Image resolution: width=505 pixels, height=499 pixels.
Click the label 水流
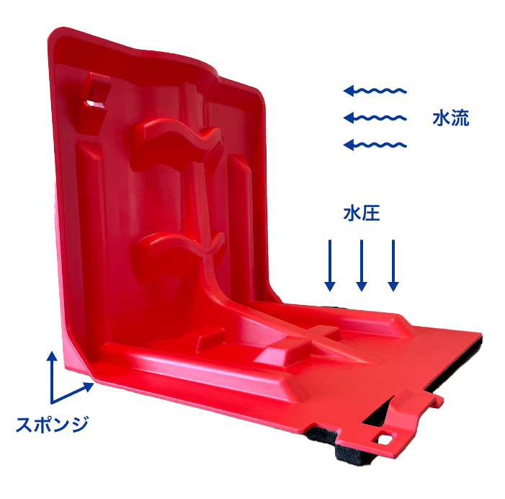[x=450, y=118]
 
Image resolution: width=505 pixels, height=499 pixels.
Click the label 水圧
[x=362, y=213]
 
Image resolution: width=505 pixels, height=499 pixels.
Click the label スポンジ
[x=52, y=424]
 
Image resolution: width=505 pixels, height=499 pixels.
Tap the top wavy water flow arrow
[x=375, y=91]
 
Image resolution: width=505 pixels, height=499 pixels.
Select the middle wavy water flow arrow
[x=375, y=118]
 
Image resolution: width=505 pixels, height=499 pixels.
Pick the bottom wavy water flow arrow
[x=375, y=145]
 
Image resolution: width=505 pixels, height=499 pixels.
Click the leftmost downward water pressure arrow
[x=329, y=265]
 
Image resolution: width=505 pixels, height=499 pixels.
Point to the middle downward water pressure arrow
[x=362, y=265]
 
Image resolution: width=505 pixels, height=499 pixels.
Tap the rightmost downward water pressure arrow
[x=393, y=265]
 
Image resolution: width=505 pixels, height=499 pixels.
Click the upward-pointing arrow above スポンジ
[x=52, y=377]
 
